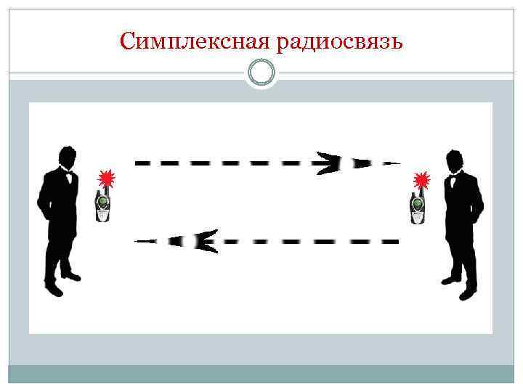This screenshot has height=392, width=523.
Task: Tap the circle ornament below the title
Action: pyautogui.click(x=261, y=73)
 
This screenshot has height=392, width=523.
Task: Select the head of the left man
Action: pyautogui.click(x=67, y=157)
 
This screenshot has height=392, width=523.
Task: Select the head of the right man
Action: pyautogui.click(x=455, y=160)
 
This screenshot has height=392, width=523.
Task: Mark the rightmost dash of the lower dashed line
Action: pyautogui.click(x=391, y=241)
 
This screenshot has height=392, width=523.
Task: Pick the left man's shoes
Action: pyautogui.click(x=62, y=283)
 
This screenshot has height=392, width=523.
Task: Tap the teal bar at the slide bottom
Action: pyautogui.click(x=261, y=374)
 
